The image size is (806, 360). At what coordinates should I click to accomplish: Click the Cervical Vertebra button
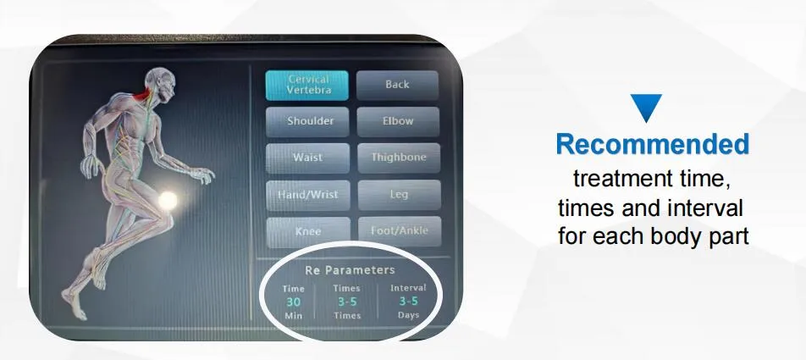pos(307,85)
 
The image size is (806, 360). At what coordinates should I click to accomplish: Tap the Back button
pos(397,85)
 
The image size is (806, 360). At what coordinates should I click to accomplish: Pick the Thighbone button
pos(398,158)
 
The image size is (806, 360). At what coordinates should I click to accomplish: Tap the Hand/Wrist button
pos(306,195)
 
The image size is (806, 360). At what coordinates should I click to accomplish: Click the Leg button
pos(398,195)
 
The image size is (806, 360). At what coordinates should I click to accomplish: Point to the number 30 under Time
pos(293,301)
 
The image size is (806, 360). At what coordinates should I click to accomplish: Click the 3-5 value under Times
pos(346,301)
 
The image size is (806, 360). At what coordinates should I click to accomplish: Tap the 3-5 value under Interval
pos(408,301)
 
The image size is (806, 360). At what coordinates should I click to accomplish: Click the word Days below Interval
pos(408,315)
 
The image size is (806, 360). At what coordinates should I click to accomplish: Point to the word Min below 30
pos(293,315)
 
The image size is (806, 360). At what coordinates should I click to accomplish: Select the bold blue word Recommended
pos(652,145)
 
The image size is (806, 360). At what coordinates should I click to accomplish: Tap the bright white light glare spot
pos(168,201)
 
